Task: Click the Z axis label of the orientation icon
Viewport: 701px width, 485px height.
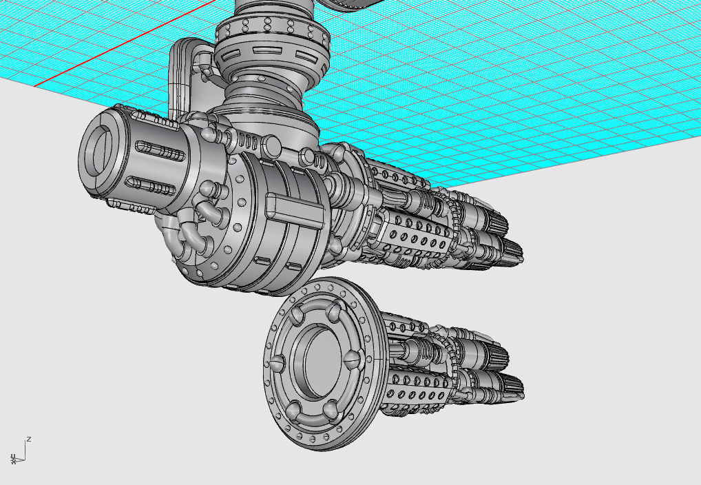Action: pos(29,439)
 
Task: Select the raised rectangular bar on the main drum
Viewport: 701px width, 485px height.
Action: pos(294,209)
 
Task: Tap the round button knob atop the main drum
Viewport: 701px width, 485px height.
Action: pos(273,145)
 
